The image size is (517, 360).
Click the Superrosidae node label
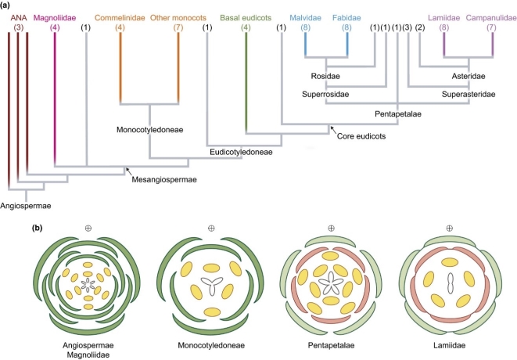tap(325, 95)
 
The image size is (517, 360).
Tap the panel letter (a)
tap(10, 5)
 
